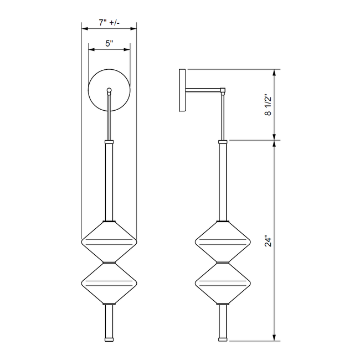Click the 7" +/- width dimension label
pyautogui.click(x=109, y=23)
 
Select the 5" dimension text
pyautogui.click(x=109, y=43)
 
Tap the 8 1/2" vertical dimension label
pyautogui.click(x=268, y=105)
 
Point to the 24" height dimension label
pyautogui.click(x=268, y=240)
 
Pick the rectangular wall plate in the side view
pyautogui.click(x=182, y=90)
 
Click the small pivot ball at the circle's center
pyautogui.click(x=109, y=90)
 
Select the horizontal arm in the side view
pyautogui.click(x=203, y=90)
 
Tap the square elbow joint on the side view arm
pyautogui.click(x=223, y=90)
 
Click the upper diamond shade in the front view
pyautogui.click(x=109, y=242)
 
